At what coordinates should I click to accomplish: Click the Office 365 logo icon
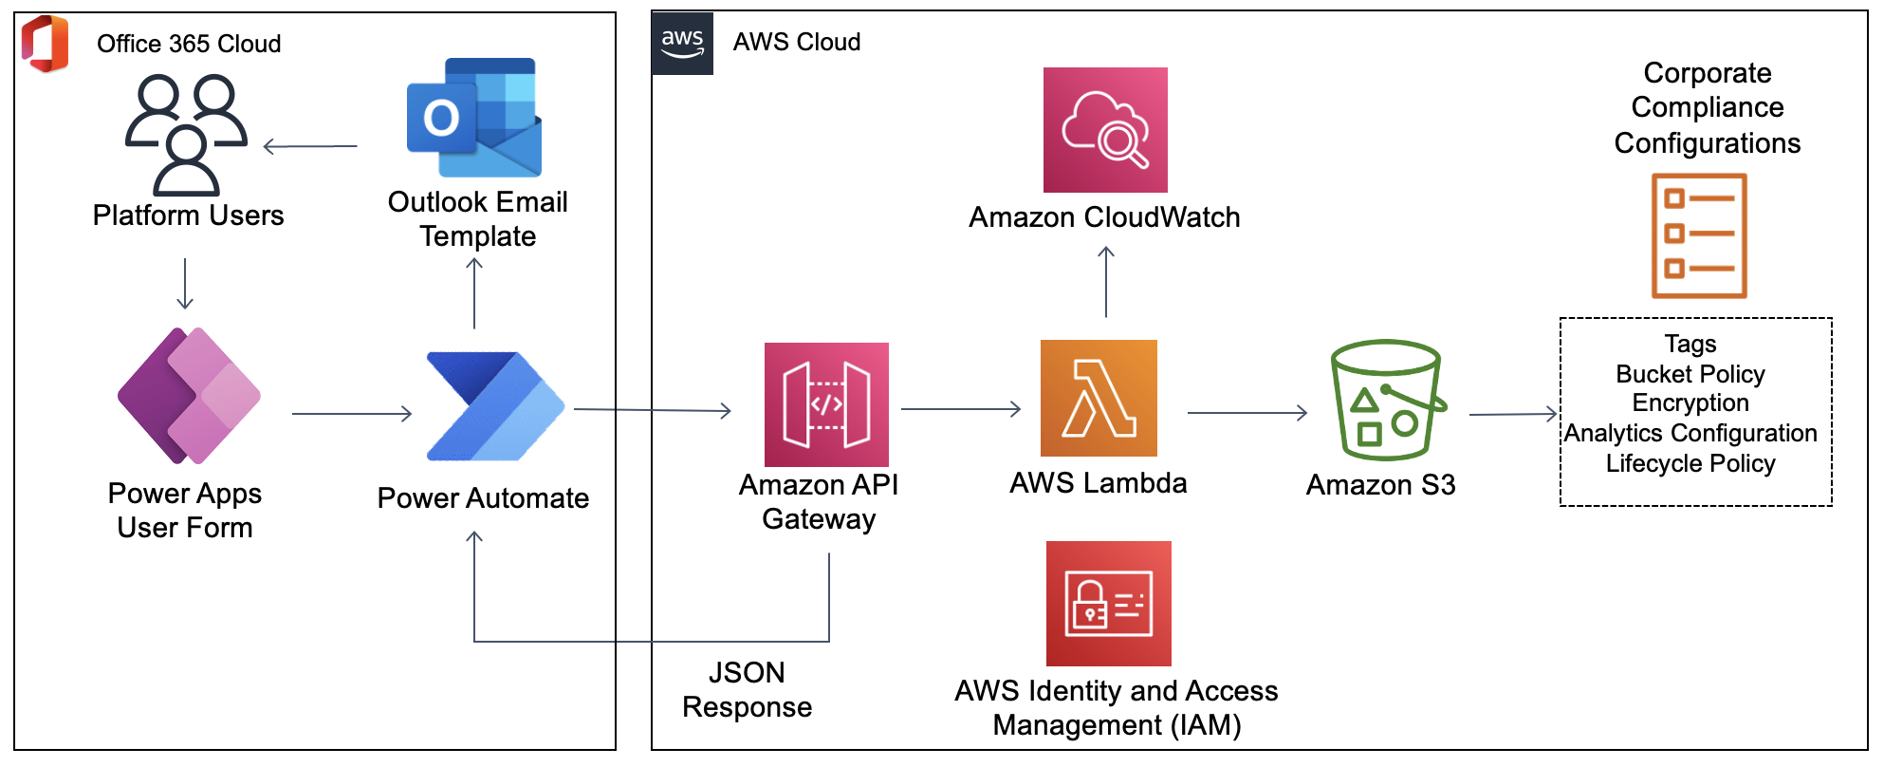46,44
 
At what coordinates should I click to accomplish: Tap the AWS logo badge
682,43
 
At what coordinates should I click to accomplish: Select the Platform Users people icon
186,135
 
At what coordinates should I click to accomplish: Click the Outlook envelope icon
474,118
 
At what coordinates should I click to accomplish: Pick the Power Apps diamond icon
189,396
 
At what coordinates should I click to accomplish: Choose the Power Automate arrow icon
494,406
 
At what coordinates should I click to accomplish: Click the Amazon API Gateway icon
826,404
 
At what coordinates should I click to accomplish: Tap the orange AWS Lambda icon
1099,398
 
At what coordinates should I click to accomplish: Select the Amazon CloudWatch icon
1105,130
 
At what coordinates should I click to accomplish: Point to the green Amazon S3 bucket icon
1386,400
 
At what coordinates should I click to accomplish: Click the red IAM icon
1108,604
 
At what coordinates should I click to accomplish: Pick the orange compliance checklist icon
1699,235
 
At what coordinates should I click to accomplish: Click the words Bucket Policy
1690,374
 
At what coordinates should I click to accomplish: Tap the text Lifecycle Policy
1690,463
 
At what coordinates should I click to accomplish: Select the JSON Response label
747,690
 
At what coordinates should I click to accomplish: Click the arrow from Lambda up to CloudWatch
1106,282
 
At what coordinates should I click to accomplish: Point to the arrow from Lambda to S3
1247,413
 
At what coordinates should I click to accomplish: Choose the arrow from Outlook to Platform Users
310,146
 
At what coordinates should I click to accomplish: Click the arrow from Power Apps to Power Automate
351,414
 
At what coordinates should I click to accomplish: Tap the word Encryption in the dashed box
1690,403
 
